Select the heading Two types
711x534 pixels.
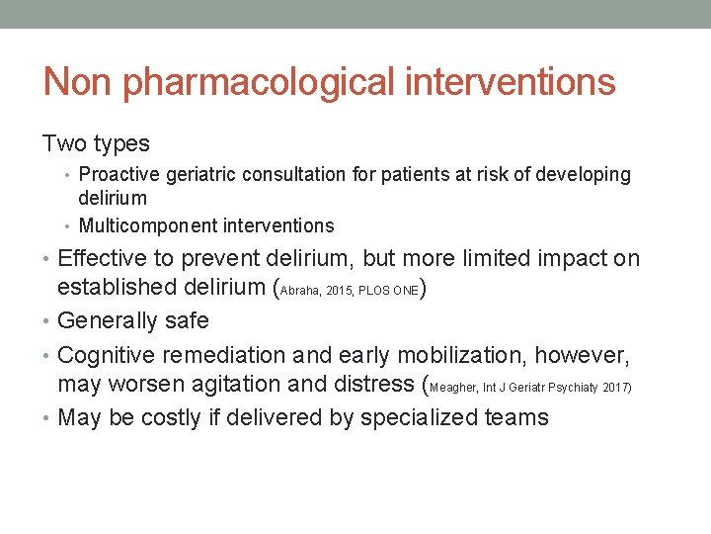(x=96, y=144)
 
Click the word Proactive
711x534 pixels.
(x=118, y=175)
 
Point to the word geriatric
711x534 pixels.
(x=200, y=175)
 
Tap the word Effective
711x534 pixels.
(x=106, y=259)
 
